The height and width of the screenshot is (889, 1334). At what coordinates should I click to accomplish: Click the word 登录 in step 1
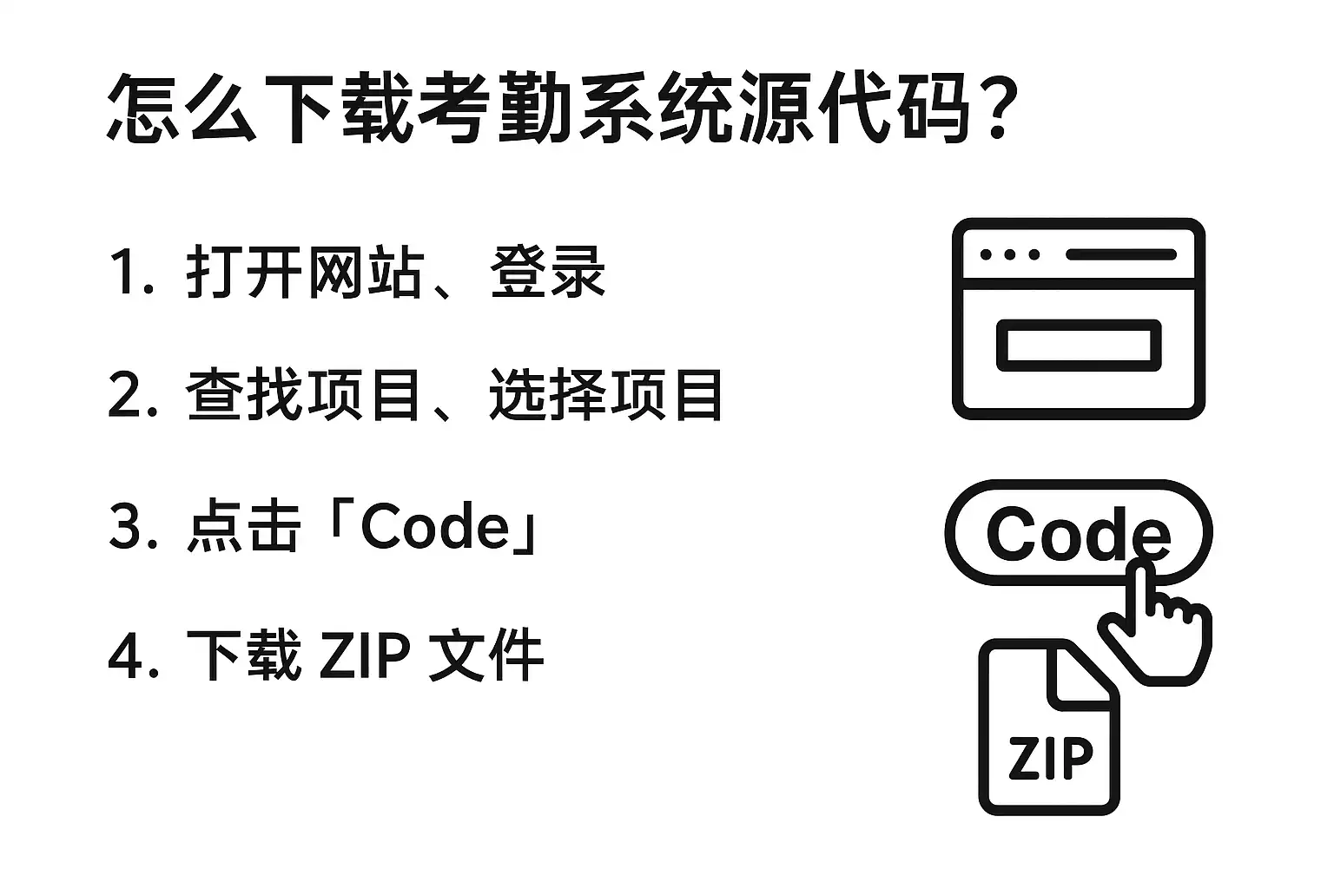pyautogui.click(x=548, y=272)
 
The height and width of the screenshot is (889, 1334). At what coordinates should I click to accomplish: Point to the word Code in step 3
pyautogui.click(x=434, y=527)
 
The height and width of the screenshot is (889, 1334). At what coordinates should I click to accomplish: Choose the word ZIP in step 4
pyautogui.click(x=365, y=655)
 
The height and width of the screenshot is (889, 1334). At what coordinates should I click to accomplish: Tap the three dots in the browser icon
pyautogui.click(x=1009, y=255)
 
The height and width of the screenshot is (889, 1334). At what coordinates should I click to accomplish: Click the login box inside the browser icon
pyautogui.click(x=1079, y=345)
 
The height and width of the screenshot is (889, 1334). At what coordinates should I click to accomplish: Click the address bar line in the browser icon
pyautogui.click(x=1121, y=255)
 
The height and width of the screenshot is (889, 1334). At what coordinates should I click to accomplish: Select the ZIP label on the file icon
pyautogui.click(x=1050, y=757)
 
